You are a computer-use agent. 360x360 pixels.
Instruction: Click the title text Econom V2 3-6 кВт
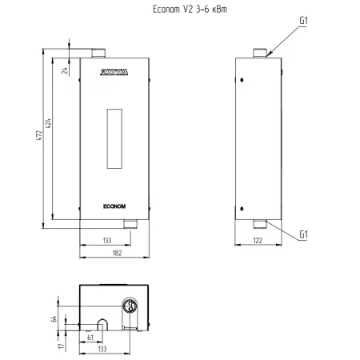click(190, 10)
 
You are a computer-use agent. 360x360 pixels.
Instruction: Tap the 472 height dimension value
click(39, 135)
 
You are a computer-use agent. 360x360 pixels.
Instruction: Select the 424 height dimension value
click(48, 123)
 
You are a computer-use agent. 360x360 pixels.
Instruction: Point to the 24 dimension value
click(65, 70)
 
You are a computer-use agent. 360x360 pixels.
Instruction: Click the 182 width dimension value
click(117, 253)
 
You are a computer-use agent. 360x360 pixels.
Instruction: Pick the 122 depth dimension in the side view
click(258, 241)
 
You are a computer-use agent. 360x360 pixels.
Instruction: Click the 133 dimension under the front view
click(107, 241)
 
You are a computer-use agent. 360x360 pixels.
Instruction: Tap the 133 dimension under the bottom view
click(102, 349)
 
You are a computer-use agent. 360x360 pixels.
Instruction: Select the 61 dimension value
click(90, 338)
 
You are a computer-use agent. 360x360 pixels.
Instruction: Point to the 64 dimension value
click(54, 319)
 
